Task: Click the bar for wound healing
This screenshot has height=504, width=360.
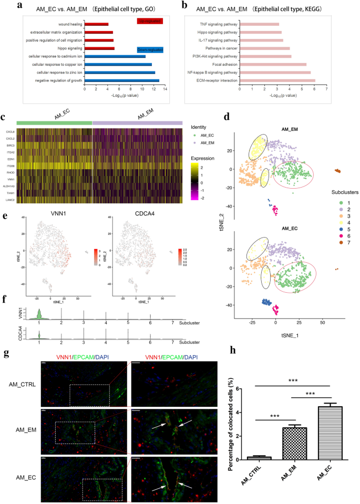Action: click(96, 24)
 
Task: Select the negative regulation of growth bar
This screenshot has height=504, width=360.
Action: click(121, 80)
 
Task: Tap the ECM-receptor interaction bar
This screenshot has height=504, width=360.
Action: click(277, 80)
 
